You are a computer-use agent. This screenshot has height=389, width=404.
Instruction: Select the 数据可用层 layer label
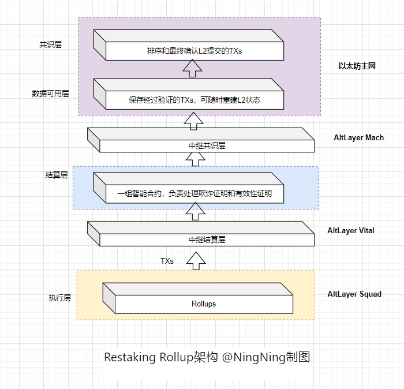(50, 93)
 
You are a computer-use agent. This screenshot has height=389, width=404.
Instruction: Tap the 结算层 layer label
(57, 175)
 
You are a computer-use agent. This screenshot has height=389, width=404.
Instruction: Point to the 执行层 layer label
(59, 298)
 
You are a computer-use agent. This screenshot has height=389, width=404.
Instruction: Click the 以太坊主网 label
(357, 66)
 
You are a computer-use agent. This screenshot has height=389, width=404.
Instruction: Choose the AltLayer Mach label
(358, 138)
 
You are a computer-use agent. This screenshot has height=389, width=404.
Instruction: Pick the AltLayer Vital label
(350, 230)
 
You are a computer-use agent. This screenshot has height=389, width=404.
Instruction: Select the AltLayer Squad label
(354, 294)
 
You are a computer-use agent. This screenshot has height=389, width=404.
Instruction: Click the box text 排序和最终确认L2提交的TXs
(194, 51)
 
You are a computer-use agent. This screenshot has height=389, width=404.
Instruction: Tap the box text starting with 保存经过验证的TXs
(194, 100)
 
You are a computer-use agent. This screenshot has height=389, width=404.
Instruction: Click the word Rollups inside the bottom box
(203, 304)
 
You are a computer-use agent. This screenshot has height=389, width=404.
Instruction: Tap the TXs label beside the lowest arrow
(167, 261)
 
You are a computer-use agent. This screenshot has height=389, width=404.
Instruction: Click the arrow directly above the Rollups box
(196, 261)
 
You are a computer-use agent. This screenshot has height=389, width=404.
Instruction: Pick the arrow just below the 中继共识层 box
(196, 159)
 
